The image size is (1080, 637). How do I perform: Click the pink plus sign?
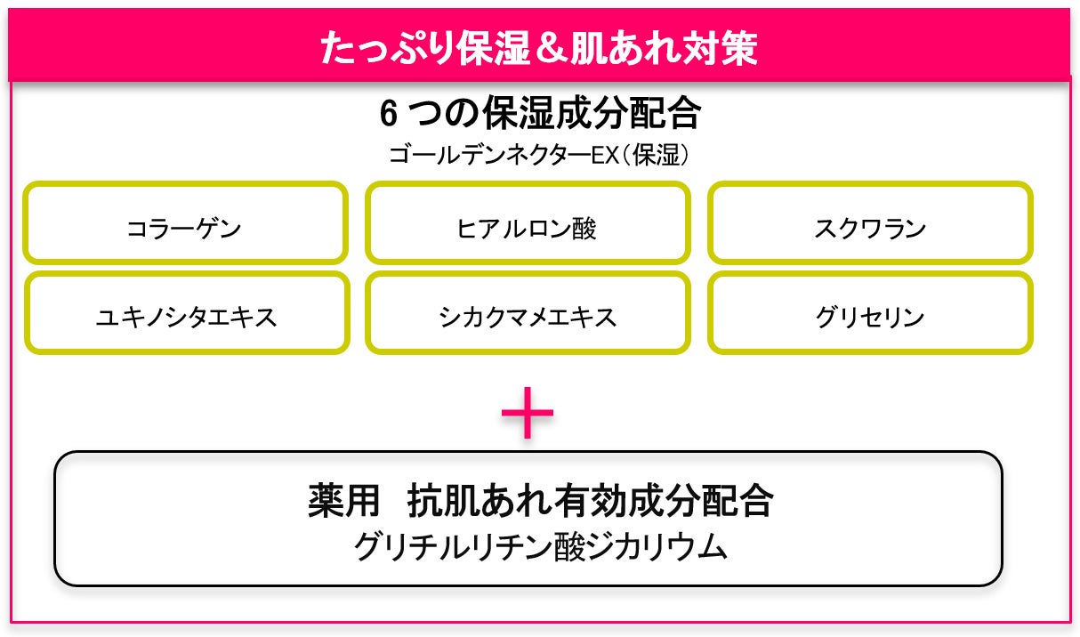coord(528,412)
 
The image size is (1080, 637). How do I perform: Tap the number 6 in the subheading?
coord(389,115)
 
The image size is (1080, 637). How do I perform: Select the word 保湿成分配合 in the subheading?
coord(592,115)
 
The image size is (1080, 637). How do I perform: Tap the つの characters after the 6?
coord(441,115)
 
